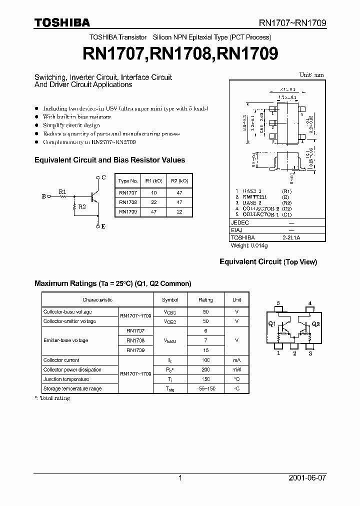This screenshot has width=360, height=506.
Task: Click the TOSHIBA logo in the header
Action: (62, 22)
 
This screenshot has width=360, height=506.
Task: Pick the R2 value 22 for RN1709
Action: (179, 211)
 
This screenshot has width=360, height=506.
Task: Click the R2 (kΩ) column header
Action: (179, 181)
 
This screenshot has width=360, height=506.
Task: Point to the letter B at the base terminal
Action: (43, 196)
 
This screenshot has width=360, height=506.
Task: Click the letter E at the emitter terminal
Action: (103, 226)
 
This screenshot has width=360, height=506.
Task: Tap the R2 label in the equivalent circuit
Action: (81, 206)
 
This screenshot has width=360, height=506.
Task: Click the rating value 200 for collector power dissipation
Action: (205, 369)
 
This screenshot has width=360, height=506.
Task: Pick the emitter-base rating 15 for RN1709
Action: (205, 350)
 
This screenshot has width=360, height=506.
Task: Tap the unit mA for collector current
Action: (236, 360)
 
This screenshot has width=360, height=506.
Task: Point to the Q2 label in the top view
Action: (315, 324)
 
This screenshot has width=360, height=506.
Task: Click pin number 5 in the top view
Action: (278, 303)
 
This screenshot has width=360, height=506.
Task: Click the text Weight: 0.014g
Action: (249, 245)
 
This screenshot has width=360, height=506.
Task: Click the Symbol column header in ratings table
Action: (170, 299)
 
